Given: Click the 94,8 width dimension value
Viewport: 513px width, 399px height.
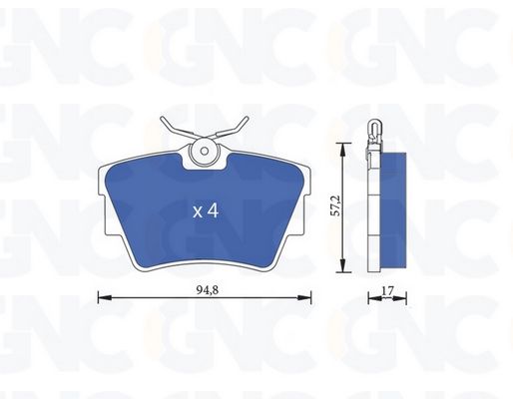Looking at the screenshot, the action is (x=208, y=290).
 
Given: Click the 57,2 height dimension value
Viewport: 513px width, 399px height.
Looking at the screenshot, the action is (x=336, y=206).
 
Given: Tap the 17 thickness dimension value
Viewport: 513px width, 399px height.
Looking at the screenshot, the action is (x=387, y=290).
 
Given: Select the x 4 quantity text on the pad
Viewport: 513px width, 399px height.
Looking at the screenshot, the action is (x=206, y=211).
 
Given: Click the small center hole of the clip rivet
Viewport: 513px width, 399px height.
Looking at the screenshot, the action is (x=205, y=152).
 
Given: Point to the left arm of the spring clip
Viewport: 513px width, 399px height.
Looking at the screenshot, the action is (x=178, y=129).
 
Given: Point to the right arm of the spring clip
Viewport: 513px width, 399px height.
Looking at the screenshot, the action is (x=231, y=129).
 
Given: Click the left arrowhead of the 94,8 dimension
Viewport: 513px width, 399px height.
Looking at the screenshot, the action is (x=104, y=297).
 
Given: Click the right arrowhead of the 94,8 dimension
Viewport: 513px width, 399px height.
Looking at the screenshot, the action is (x=305, y=297).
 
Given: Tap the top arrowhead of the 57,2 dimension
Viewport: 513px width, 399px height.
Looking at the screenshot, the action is (x=343, y=149).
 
